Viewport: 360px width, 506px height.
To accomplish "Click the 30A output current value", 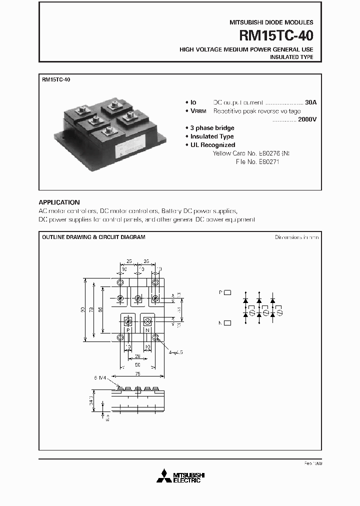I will [310, 102].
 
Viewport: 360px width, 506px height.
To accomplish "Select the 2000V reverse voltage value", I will [305, 119].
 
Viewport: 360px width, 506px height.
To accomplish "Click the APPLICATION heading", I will [59, 202].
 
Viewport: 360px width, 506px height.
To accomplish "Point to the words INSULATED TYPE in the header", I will [291, 57].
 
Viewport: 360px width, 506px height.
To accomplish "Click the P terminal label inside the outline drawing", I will [127, 330].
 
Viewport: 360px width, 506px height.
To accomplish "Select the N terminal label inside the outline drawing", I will [147, 330].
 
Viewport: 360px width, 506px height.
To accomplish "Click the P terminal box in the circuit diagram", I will [227, 292].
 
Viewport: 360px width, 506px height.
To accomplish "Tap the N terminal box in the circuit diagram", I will [227, 323].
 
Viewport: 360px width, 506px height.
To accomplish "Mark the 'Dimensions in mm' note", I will [296, 237].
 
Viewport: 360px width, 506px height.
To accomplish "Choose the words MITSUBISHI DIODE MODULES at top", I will [271, 22].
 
